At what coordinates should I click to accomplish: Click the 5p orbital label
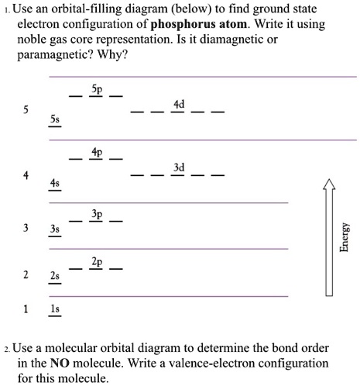pyautogui.click(x=96, y=90)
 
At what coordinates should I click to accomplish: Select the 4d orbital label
pyautogui.click(x=179, y=104)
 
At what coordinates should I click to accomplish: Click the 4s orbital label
pyautogui.click(x=53, y=181)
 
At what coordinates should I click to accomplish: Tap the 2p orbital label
pyautogui.click(x=96, y=261)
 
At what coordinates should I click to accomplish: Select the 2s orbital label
pyautogui.click(x=53, y=276)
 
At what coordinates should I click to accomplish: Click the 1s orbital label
pyautogui.click(x=53, y=308)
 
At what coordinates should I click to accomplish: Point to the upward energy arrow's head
pyautogui.click(x=329, y=184)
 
